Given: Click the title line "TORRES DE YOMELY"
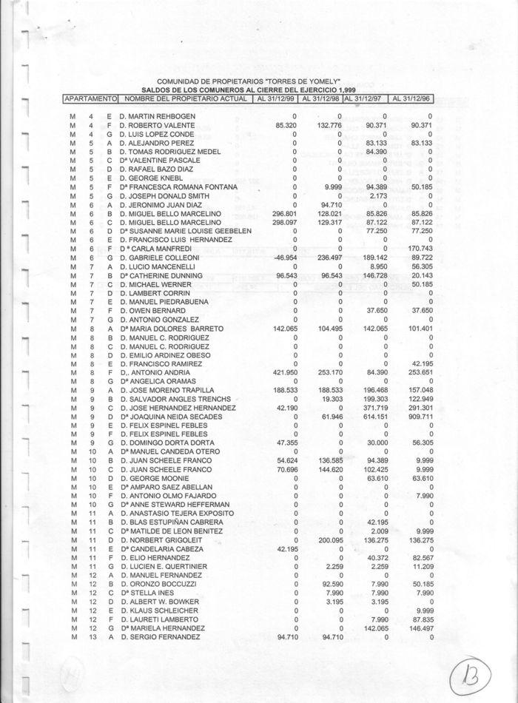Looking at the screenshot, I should [x=248, y=81].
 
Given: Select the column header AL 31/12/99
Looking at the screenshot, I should [x=275, y=98].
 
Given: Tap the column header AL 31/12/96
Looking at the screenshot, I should [x=412, y=98].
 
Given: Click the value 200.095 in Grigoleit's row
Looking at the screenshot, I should [x=326, y=540].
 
